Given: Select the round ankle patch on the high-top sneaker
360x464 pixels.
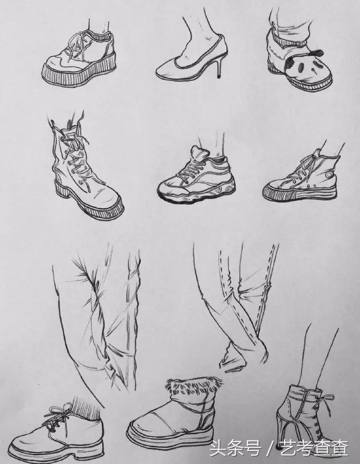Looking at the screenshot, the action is click(x=328, y=175).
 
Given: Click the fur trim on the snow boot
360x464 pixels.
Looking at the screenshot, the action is click(x=194, y=386).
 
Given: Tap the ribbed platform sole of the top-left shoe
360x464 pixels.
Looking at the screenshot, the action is click(x=79, y=73).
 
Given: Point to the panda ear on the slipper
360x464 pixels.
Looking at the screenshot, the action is click(x=319, y=53).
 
